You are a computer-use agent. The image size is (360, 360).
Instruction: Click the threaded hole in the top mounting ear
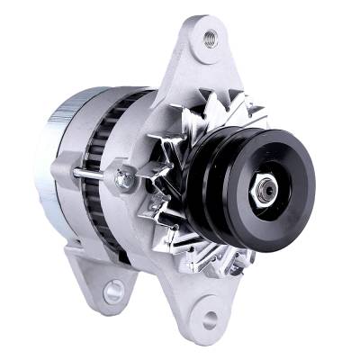pyautogui.click(x=210, y=38)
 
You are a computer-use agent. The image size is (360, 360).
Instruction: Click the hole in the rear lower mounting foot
pyautogui.click(x=112, y=290)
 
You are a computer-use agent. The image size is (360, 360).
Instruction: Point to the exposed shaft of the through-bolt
pyautogui.click(x=94, y=174)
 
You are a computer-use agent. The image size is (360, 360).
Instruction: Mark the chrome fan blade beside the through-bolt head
pyautogui.click(x=148, y=175)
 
